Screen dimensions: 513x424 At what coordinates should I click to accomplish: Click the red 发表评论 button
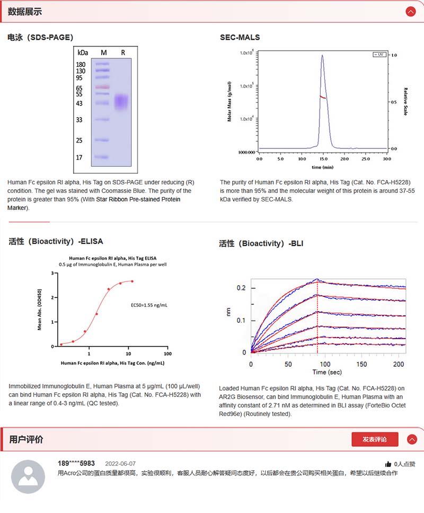pos(374,439)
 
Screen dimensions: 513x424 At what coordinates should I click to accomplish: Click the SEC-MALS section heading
pos(240,37)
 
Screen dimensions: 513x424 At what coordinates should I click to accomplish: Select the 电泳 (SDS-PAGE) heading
pos(40,37)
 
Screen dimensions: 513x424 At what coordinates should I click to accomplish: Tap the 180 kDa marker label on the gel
pos(81,65)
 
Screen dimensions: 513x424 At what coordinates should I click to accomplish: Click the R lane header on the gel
pos(123,52)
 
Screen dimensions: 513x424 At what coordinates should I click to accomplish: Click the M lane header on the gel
pos(104,52)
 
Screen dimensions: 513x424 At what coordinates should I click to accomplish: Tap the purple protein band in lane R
pos(122,101)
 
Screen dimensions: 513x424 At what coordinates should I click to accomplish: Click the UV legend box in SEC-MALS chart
pos(379,55)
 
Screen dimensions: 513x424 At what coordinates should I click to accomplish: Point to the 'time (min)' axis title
pos(323,167)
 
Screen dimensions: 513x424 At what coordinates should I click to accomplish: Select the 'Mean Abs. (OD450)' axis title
pos(40,310)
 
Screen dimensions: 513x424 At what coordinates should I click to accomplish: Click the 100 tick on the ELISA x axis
pos(167,353)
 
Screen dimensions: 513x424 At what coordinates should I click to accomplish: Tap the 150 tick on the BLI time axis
pos(361,364)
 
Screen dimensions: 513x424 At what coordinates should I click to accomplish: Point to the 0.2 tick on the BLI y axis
pos(241,288)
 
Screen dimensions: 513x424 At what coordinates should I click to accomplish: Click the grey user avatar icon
pos(28,477)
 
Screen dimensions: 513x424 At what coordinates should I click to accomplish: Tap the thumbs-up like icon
pos(388,464)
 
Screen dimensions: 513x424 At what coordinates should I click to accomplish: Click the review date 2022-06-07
pos(120,463)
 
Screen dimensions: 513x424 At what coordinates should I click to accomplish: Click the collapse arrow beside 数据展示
pos(411,12)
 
